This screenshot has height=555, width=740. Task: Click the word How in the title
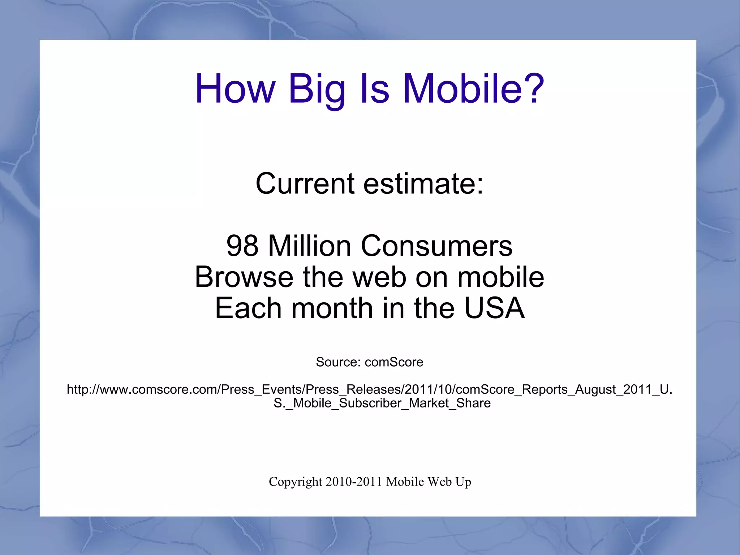point(235,89)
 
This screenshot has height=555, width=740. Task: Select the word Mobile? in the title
point(473,89)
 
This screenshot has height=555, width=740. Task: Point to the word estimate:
point(423,183)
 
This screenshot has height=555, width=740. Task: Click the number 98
point(242,246)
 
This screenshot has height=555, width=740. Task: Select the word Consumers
point(436,246)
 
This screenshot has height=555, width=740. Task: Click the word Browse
point(244,277)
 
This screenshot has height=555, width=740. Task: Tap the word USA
point(494,308)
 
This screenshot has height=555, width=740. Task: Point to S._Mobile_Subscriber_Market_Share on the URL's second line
point(382,403)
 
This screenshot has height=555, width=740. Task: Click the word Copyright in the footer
point(295,482)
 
